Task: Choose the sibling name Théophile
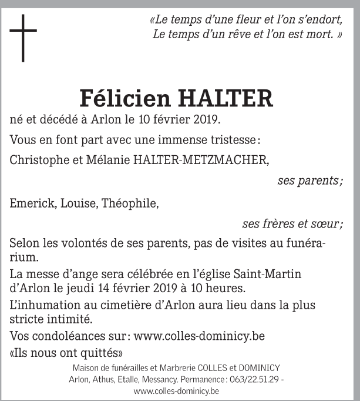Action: click(x=130, y=204)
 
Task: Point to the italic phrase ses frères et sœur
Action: click(x=292, y=224)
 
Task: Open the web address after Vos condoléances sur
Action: click(x=199, y=336)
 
